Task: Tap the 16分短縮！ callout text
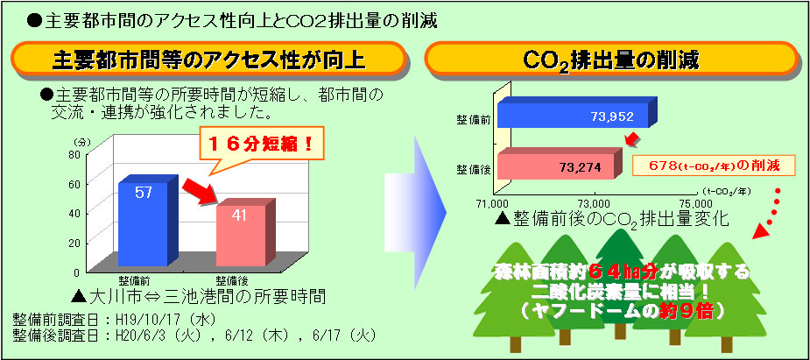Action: coord(261,143)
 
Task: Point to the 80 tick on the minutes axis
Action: coord(75,153)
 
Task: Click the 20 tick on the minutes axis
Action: coord(75,243)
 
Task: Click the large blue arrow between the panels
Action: coord(415,212)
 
